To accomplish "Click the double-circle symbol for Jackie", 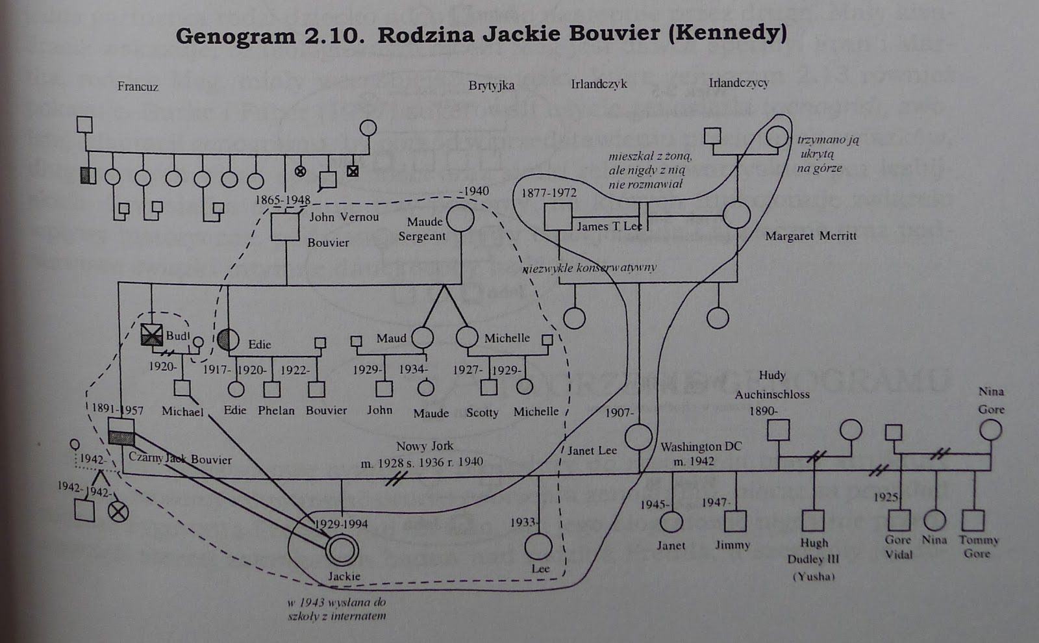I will (342, 550).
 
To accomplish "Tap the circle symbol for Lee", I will (538, 546).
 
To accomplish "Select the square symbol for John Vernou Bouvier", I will (284, 227).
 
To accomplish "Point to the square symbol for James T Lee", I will (558, 217).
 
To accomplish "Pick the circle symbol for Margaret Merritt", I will (736, 215).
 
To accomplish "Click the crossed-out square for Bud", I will (152, 335).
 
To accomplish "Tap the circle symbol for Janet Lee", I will (638, 437).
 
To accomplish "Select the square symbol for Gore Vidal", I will (898, 520).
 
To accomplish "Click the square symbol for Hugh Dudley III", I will (812, 521).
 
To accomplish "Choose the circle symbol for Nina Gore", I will (990, 430).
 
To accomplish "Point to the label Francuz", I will (138, 86).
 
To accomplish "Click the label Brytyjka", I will (492, 85).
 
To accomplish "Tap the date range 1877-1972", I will (549, 193).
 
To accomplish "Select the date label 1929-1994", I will (341, 523).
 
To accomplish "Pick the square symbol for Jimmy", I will (734, 521).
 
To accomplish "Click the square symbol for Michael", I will (182, 388).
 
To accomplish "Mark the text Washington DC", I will (701, 447).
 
